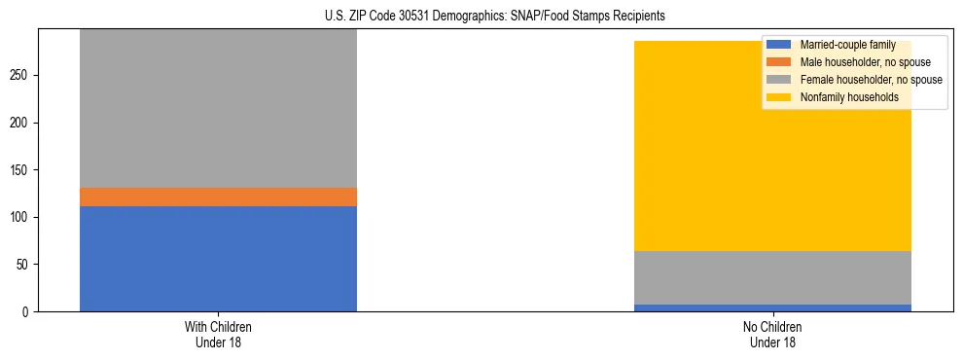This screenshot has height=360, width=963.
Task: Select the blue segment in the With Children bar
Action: coord(218,258)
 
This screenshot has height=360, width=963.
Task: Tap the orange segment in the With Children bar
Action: coord(218,197)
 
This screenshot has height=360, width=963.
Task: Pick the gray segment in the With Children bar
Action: coord(218,107)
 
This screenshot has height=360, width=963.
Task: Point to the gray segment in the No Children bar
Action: coord(772,277)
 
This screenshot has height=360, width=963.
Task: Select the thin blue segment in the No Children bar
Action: coord(772,307)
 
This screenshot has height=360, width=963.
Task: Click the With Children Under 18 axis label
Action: coord(218,334)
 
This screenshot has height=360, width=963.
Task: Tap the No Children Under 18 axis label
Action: coord(772,334)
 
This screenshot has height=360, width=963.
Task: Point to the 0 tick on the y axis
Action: coord(27,311)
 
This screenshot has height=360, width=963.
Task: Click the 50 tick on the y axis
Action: coord(24,265)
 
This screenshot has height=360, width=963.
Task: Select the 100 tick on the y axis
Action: coord(21,217)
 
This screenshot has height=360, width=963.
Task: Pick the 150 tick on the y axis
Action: coord(21,170)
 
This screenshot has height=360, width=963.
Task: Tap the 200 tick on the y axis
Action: coord(21,123)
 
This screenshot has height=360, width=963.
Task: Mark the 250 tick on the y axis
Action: coord(21,76)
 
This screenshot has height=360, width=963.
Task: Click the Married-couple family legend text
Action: coord(846,45)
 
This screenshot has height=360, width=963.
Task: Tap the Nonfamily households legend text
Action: coord(849,97)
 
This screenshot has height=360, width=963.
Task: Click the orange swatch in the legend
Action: coord(779,62)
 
